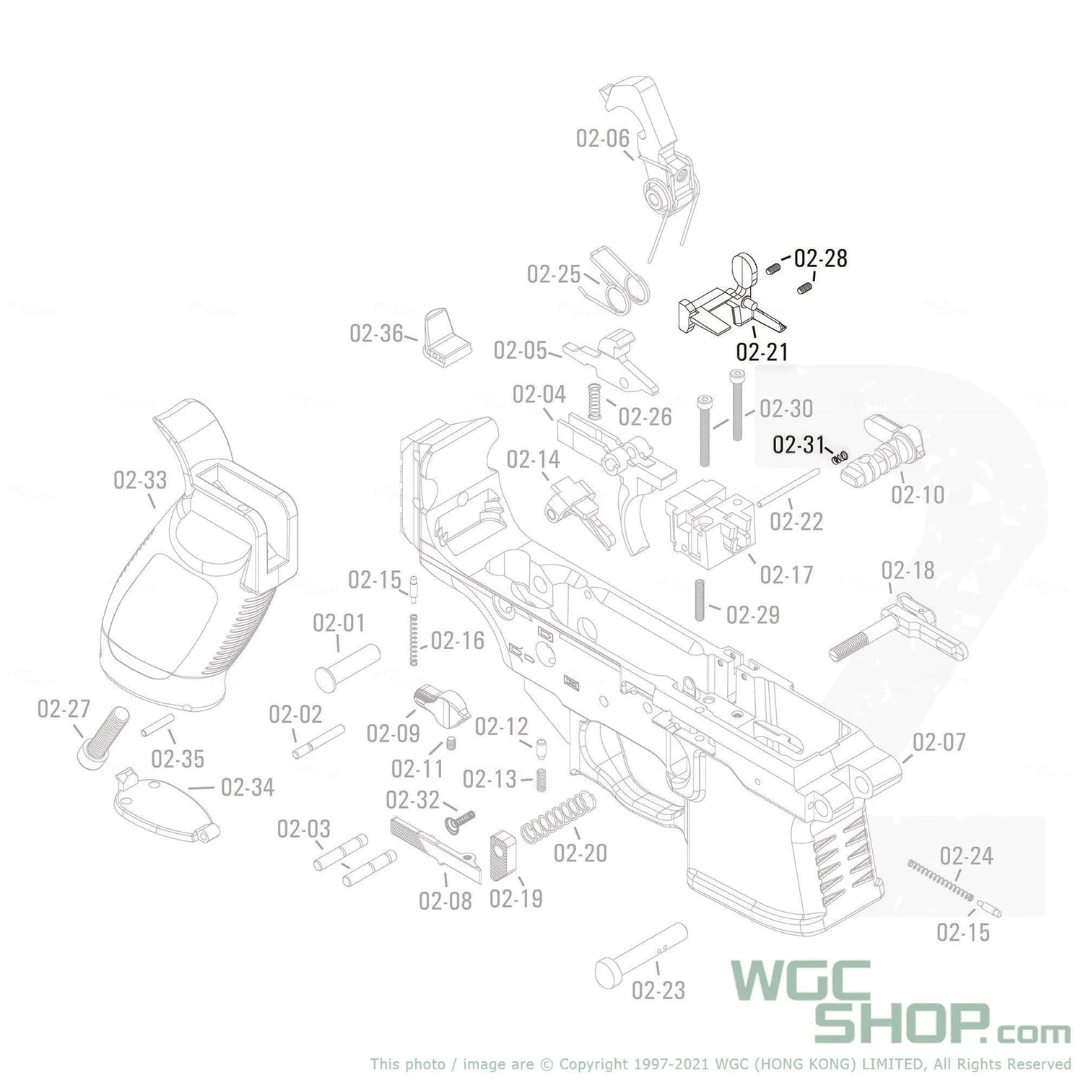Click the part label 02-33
pos(140,480)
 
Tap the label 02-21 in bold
pos(762,352)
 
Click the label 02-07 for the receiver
pos(939,742)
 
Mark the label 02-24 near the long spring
pos(966,856)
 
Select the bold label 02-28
pos(820,258)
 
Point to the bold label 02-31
pos(798,445)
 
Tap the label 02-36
pos(376,334)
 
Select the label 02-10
pos(918,495)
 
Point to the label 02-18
pos(908,571)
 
